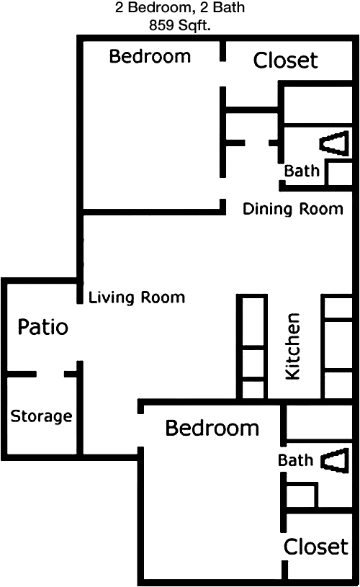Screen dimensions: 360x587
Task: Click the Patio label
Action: tap(43, 326)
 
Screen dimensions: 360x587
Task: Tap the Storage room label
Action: tap(42, 416)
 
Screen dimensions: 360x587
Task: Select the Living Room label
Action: tap(137, 297)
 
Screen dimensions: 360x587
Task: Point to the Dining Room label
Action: tap(292, 209)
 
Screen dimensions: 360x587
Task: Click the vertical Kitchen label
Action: tap(292, 346)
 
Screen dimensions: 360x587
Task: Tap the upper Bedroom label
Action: tap(150, 56)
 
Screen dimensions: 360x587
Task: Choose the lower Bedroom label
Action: tap(212, 428)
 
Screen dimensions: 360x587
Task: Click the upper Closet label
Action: tap(285, 61)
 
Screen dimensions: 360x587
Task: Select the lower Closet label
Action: tap(316, 547)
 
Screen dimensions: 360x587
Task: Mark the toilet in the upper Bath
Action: tap(334, 143)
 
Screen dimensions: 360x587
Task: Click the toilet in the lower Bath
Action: tap(335, 461)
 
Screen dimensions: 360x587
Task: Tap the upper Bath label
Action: tap(302, 171)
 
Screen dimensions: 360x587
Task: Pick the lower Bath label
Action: tap(295, 460)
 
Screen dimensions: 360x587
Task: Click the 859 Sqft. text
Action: tap(179, 25)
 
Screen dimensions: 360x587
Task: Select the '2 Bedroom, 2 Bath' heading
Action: tap(179, 7)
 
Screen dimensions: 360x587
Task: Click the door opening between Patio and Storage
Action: tap(50, 374)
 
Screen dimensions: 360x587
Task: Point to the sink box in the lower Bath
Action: tap(301, 496)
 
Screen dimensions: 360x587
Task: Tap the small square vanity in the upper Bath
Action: tap(339, 174)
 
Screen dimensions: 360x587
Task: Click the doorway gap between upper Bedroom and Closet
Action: tap(222, 73)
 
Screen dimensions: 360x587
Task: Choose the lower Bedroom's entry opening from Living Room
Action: tap(140, 431)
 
